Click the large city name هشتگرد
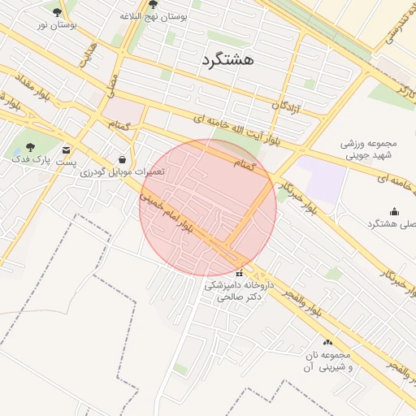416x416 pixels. [x=226, y=59]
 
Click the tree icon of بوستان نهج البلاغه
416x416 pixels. [x=153, y=4]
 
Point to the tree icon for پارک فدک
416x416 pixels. [x=30, y=147]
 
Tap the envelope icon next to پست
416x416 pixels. [x=66, y=149]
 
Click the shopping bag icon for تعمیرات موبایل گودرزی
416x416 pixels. [x=122, y=159]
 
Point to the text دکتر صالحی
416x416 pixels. [x=237, y=297]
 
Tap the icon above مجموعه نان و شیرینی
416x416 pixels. [x=327, y=342]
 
